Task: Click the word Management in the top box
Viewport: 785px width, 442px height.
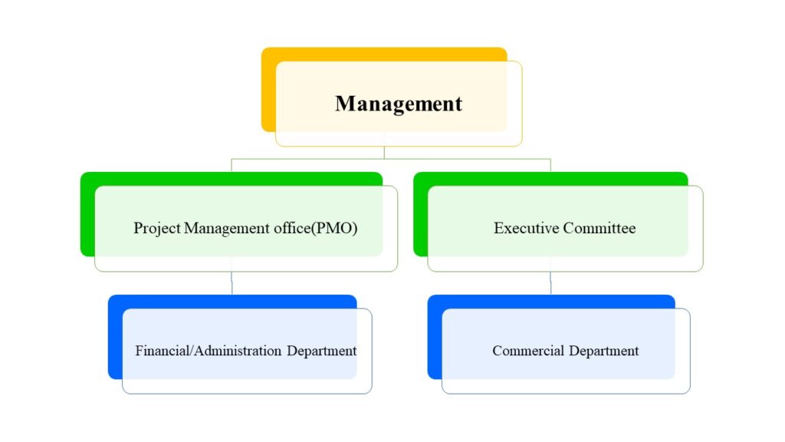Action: coord(399,104)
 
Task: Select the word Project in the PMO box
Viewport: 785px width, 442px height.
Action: coord(156,229)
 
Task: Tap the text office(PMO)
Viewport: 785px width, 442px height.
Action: coord(315,229)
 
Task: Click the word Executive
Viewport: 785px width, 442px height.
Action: coord(526,228)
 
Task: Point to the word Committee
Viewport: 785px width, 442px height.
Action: coord(599,228)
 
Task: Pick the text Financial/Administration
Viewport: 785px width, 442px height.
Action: coord(209,350)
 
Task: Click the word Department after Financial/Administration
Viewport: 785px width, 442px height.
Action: coord(321,351)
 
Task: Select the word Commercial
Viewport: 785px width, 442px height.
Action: coord(528,350)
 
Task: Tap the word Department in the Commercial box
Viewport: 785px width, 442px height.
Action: coord(604,351)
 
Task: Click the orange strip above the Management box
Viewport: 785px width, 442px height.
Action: coord(384,54)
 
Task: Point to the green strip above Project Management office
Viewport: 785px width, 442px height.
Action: coord(232,179)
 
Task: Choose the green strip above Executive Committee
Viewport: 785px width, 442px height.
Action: coord(550,179)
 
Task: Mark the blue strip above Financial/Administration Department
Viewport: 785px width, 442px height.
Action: coord(232,302)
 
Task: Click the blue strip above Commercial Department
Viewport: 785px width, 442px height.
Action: coord(551,302)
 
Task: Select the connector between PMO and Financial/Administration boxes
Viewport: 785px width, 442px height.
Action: coord(232,283)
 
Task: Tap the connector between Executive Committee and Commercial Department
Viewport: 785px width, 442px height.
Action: coord(550,283)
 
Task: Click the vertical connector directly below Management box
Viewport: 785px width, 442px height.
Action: coord(384,153)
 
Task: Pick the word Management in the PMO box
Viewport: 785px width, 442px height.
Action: coord(227,229)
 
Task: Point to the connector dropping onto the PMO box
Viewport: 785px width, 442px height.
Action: coord(232,166)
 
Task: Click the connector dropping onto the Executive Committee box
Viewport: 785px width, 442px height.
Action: coord(550,166)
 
